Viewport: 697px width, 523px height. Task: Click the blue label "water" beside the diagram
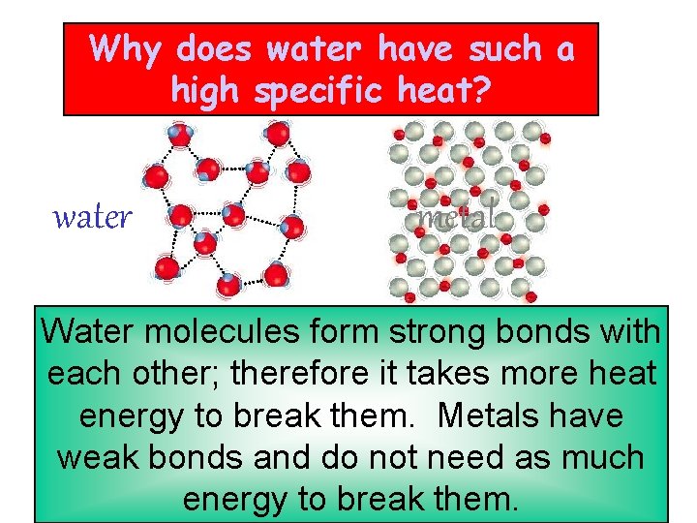click(x=92, y=218)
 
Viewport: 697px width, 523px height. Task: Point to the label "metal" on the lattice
click(x=456, y=216)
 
